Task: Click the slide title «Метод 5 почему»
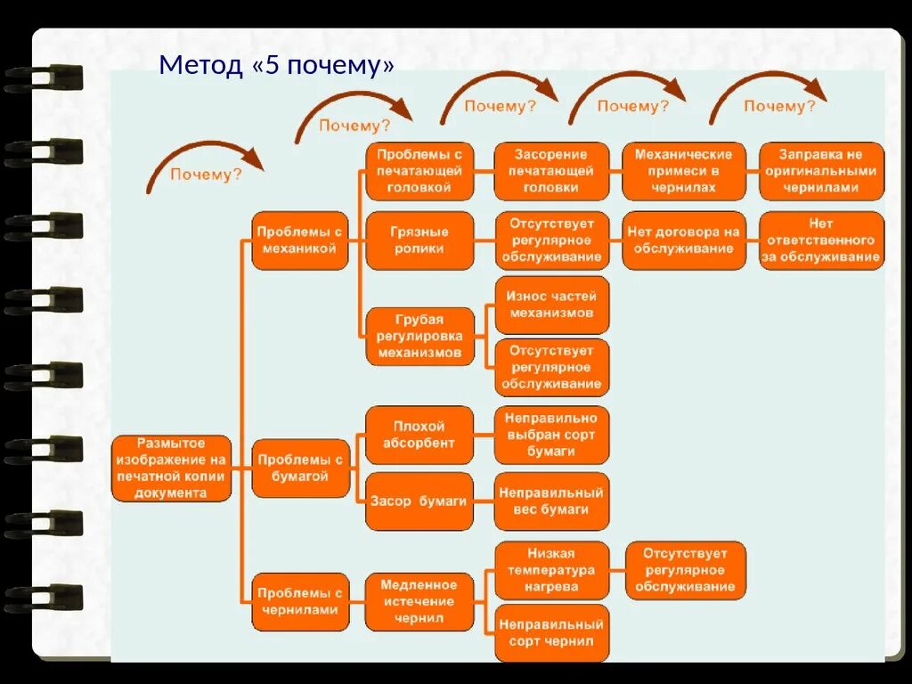tap(276, 66)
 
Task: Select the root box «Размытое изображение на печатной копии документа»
tap(171, 468)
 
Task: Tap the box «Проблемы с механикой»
tap(300, 240)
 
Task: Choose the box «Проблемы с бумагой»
tap(300, 468)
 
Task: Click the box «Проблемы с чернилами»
tap(300, 601)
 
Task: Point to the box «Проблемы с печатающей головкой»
tap(419, 171)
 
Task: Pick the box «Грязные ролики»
tap(419, 240)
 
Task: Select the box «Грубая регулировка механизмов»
tap(419, 337)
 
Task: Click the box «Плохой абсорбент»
tap(419, 435)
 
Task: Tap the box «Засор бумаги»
tap(419, 501)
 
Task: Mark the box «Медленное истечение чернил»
tap(419, 601)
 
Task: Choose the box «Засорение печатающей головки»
tap(551, 171)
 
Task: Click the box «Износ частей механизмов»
tap(551, 305)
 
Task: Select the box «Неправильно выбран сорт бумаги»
tap(551, 435)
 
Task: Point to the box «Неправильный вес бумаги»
tap(551, 501)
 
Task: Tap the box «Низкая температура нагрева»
tap(551, 570)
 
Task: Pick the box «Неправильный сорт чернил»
tap(551, 632)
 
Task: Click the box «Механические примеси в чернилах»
tap(683, 171)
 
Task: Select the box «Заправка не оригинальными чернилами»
tap(821, 171)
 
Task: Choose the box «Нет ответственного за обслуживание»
tap(821, 240)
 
